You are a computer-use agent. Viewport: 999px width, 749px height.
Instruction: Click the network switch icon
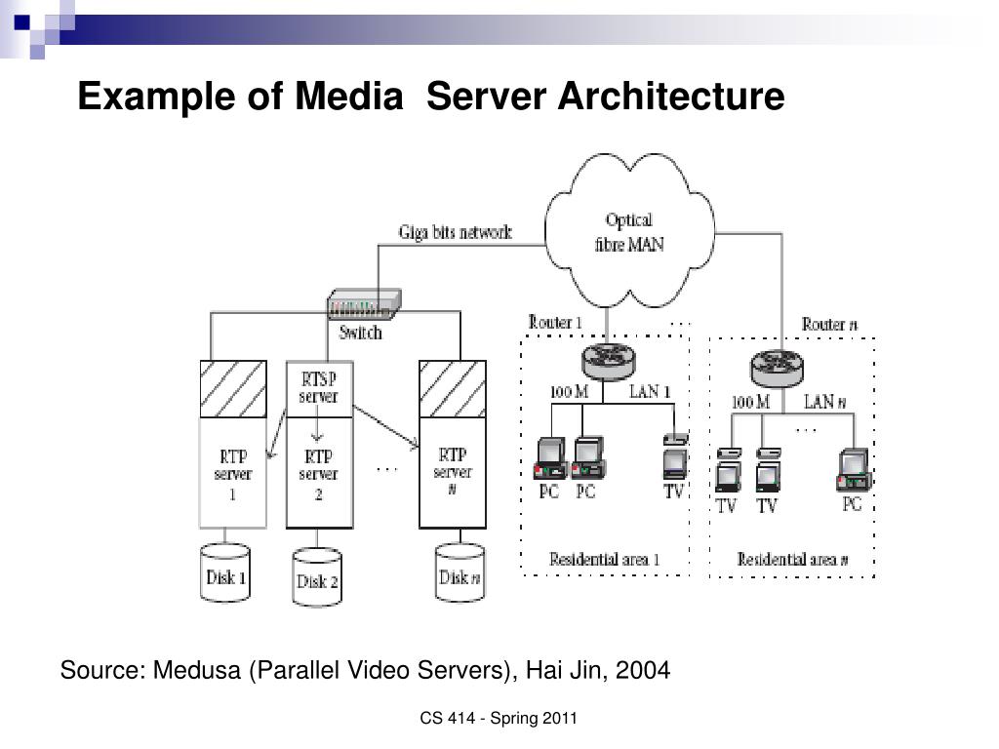coord(364,304)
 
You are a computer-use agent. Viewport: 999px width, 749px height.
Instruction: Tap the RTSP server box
coord(319,389)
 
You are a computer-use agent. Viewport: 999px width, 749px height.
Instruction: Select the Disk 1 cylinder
coord(225,572)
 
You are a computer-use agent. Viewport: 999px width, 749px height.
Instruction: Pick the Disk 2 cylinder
coord(317,576)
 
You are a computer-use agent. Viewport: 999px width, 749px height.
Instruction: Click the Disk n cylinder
coord(460,572)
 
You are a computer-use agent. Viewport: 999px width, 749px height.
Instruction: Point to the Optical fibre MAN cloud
coord(629,230)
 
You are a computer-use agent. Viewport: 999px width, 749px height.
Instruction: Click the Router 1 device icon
coord(609,361)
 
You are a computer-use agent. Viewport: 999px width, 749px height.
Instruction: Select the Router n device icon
coord(776,368)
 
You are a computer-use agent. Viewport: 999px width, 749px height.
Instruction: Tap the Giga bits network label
coord(455,232)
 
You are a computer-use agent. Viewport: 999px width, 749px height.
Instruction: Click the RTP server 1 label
coord(232,475)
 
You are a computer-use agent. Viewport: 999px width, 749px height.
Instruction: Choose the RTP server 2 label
coord(318,475)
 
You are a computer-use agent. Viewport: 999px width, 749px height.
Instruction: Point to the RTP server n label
coord(453,472)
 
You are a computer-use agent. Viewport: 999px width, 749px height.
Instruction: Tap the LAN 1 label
coord(650,391)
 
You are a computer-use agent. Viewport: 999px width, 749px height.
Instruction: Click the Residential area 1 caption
coord(604,559)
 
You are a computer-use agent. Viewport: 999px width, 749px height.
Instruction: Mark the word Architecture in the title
coord(671,97)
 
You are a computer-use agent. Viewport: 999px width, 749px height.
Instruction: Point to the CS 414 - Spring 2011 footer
coord(499,719)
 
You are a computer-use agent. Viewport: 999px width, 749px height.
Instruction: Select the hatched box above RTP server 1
coord(233,389)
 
